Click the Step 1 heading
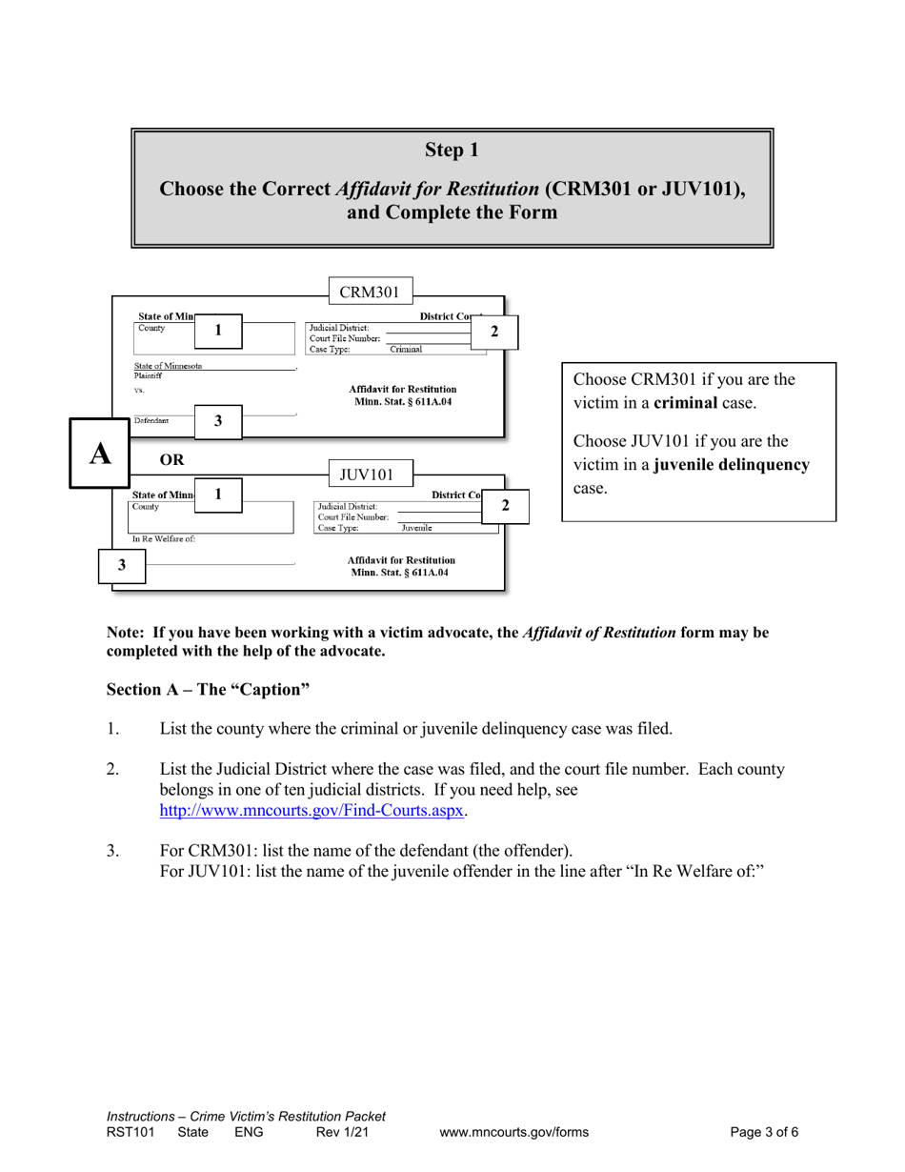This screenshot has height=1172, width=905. [x=452, y=150]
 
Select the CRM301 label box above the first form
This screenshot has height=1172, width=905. [x=370, y=293]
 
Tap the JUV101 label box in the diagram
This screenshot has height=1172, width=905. [x=367, y=474]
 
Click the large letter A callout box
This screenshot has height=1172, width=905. [x=100, y=454]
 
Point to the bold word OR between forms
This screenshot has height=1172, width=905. [x=172, y=459]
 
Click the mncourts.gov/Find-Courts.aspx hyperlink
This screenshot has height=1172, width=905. [x=312, y=811]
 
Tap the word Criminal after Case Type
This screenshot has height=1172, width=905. [x=406, y=350]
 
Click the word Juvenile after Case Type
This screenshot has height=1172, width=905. [x=416, y=528]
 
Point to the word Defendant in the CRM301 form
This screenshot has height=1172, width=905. [x=151, y=420]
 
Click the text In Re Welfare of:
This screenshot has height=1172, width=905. [x=164, y=539]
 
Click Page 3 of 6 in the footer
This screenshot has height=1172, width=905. [x=764, y=1133]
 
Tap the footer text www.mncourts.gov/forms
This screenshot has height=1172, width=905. [x=513, y=1133]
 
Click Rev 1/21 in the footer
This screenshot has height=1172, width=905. [x=342, y=1133]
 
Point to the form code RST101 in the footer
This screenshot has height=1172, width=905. [x=130, y=1133]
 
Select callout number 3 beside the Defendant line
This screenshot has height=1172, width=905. [x=218, y=421]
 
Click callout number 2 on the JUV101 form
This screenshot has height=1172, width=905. [x=505, y=505]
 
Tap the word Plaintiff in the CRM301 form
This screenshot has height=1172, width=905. [x=149, y=375]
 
